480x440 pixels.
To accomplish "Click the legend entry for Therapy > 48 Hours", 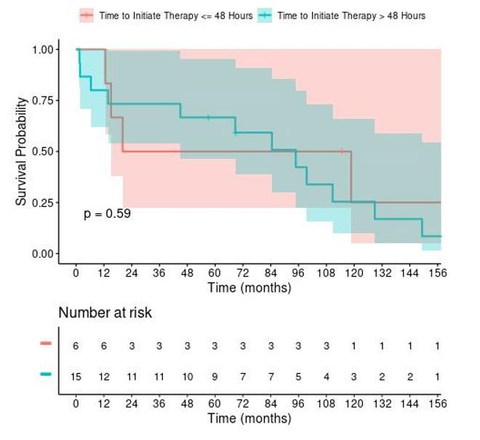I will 341,15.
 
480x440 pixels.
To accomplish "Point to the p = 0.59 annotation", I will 107,213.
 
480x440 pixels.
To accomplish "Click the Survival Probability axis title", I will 21,151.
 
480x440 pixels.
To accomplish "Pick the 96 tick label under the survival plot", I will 298,272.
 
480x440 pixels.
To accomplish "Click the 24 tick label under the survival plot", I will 132,272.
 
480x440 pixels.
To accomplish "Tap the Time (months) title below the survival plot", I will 249,288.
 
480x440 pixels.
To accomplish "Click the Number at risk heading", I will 105,313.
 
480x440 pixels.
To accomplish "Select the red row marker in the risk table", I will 46,343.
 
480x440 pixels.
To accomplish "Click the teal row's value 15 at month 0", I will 76,377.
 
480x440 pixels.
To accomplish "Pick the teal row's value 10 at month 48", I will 187,377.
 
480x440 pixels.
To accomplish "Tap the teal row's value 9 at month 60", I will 215,377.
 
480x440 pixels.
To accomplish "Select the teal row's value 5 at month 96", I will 298,377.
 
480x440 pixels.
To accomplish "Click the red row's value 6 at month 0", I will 76,346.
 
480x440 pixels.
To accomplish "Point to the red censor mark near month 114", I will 341,152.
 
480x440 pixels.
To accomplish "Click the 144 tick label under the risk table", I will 409,404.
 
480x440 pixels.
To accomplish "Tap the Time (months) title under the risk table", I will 249,419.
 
